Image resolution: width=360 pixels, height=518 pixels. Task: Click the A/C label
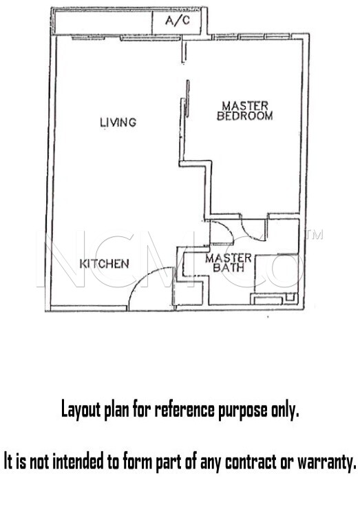pos(178,21)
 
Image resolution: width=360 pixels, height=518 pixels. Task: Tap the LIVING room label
pos(118,122)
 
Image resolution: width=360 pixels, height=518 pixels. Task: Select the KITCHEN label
pos(104,264)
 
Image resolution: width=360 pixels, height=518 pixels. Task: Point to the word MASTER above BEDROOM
pos(245,106)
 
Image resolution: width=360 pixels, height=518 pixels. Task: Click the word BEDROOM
pos(245,116)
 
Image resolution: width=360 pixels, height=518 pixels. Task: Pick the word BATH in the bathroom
pos(229,267)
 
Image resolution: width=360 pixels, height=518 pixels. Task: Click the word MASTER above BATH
pos(229,258)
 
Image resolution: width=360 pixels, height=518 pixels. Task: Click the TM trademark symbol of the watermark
pos(315,234)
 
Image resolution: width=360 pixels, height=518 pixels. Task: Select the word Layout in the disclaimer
pos(81,410)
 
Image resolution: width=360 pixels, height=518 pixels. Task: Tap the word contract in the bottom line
pos(251,462)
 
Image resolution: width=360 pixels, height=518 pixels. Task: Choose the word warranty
pos(327,462)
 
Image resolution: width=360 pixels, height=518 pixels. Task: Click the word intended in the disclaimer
pos(78,462)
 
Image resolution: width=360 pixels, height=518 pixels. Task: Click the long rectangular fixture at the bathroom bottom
pos(268,300)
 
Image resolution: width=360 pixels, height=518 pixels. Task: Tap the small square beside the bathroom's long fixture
pos(290,297)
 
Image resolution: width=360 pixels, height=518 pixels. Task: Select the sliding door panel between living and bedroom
pos(188,99)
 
